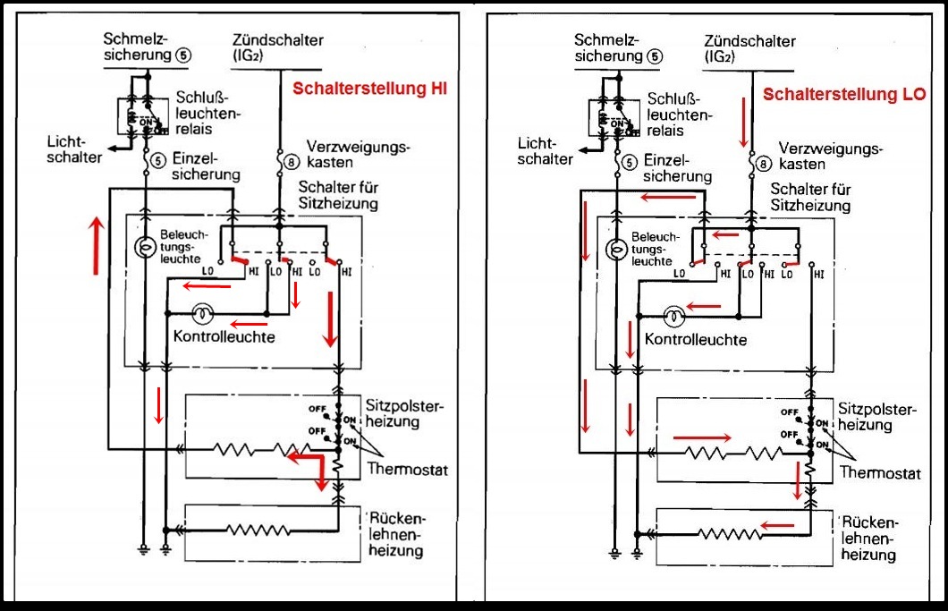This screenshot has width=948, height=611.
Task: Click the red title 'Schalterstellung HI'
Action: coord(369,89)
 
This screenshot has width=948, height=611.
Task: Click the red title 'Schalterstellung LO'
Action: coord(844,93)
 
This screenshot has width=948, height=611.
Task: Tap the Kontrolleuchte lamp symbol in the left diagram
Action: coord(203,314)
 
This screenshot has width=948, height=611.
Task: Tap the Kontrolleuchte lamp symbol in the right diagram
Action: coord(674,315)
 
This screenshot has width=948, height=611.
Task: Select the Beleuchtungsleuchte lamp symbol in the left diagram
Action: coord(142,247)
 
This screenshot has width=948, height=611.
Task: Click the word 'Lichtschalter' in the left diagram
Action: coord(76,150)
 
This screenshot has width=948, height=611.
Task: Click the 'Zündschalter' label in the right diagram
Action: coord(749,41)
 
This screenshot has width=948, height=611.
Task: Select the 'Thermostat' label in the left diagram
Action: coord(407,469)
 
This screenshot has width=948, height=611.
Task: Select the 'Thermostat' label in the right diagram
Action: coord(879,473)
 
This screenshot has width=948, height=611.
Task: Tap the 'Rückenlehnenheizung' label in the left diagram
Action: coord(394,535)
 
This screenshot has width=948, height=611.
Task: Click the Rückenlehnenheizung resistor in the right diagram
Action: coord(732,534)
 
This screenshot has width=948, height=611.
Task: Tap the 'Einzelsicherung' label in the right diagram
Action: coord(678,169)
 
